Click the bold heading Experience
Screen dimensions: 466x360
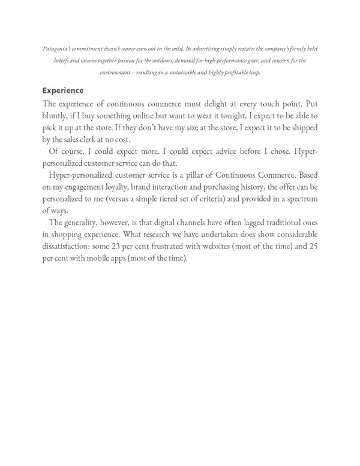point(62,91)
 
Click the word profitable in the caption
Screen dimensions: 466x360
point(230,73)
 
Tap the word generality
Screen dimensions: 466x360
point(88,223)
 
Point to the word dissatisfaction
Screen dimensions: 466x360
point(70,246)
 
